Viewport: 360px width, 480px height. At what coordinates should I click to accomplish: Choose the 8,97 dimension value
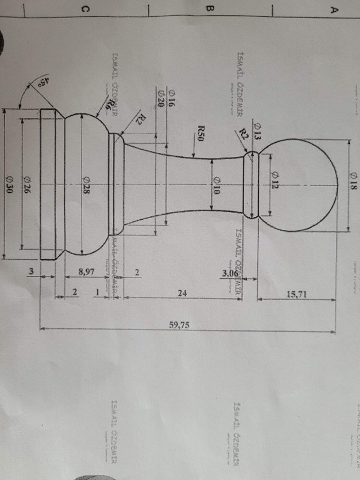pos(86,272)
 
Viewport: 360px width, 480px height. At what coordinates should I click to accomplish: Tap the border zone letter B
pos(211,9)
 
